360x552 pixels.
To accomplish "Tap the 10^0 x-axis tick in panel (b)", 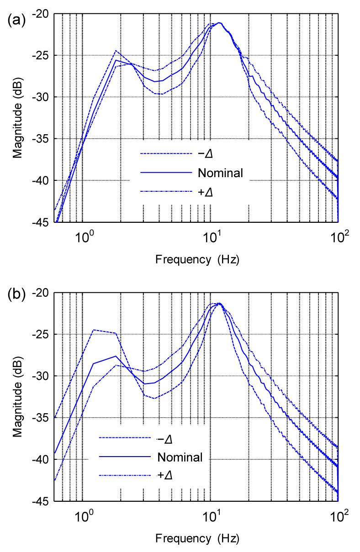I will (x=83, y=518).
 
